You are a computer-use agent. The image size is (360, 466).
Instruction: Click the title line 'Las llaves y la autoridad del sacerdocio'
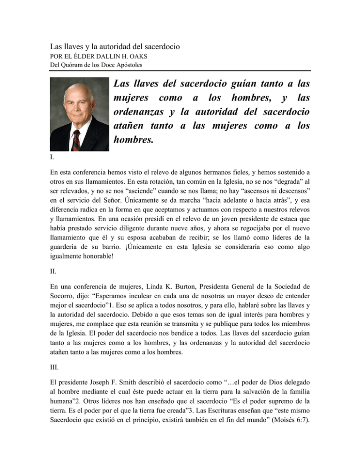coord(115,47)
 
